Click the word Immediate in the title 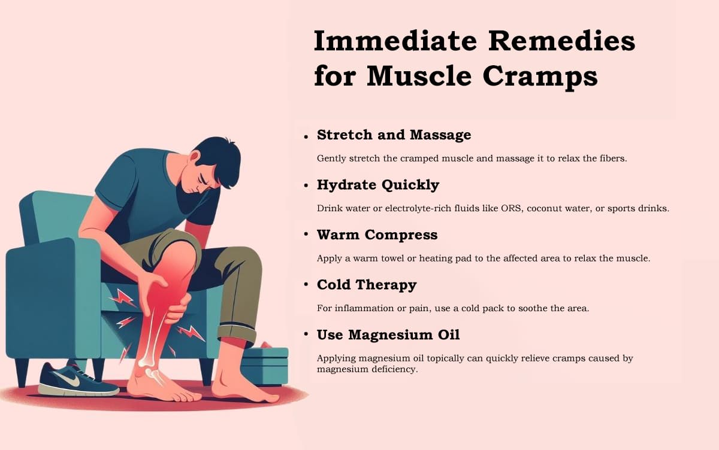tap(395, 41)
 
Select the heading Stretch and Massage tap(394, 135)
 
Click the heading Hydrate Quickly tap(378, 186)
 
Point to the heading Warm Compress tap(377, 235)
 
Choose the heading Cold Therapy tap(367, 285)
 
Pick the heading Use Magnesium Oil tap(388, 335)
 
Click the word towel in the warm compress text tap(392, 259)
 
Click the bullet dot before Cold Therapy tap(306, 285)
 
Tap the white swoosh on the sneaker tap(67, 379)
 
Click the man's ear tap(195, 158)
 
